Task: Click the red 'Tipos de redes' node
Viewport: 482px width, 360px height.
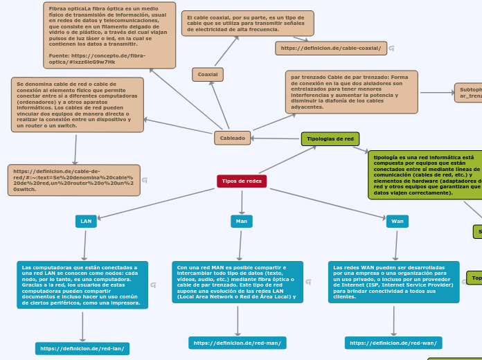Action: [242, 181]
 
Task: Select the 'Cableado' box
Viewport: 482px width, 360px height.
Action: [232, 138]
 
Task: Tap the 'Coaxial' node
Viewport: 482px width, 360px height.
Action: [207, 74]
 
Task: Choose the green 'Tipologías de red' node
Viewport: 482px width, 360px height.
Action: [330, 138]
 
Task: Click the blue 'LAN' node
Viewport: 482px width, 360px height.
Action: [86, 221]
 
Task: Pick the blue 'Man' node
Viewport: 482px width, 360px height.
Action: [242, 221]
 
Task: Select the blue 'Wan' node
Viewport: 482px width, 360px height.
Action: [398, 221]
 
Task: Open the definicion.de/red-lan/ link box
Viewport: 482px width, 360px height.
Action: [82, 348]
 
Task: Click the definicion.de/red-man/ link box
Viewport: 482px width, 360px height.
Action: [238, 343]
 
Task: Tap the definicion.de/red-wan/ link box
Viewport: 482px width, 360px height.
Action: [393, 343]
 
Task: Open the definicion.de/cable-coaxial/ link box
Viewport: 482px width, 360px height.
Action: [330, 48]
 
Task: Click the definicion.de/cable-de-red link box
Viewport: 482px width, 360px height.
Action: [73, 180]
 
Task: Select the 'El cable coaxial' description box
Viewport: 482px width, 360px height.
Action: [247, 23]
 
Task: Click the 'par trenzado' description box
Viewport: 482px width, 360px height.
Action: [351, 91]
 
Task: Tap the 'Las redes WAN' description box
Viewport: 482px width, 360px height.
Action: [393, 282]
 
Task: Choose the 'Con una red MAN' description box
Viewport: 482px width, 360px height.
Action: [238, 282]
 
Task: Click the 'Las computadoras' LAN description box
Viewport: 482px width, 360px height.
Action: [82, 285]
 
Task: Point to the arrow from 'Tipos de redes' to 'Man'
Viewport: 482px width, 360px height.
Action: [242, 201]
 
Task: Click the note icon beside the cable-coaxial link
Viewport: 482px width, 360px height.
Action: [392, 48]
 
